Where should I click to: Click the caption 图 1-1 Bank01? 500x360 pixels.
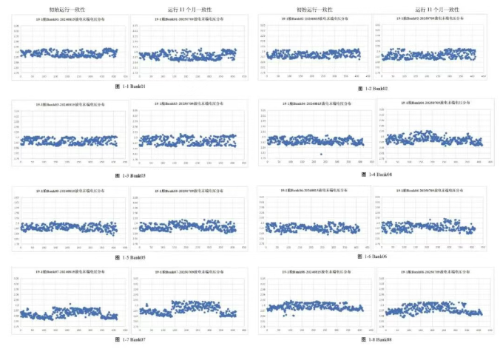coord(132,87)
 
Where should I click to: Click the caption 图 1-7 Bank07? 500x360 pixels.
coord(131,339)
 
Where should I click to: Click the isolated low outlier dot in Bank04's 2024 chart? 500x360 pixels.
coord(321,154)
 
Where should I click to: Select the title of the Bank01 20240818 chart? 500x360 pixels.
coord(70,18)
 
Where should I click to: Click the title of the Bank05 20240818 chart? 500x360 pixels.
coord(70,191)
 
